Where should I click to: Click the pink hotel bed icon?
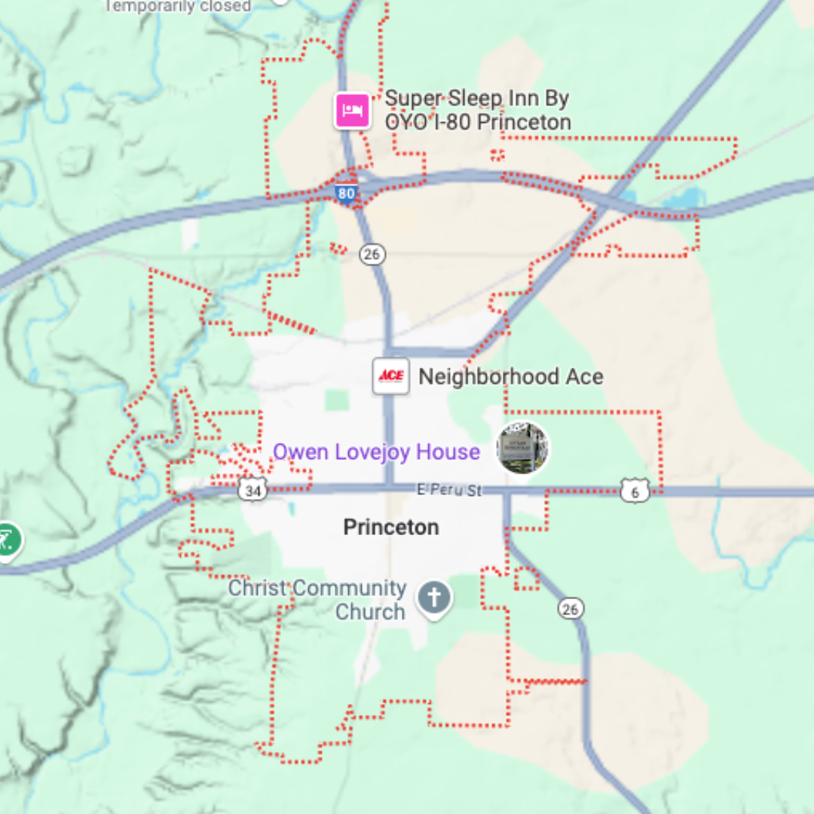pyautogui.click(x=352, y=111)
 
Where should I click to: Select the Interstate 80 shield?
pyautogui.click(x=346, y=194)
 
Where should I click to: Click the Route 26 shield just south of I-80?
pyautogui.click(x=371, y=254)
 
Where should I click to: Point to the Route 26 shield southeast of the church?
pyautogui.click(x=571, y=608)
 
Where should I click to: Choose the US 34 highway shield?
pyautogui.click(x=252, y=491)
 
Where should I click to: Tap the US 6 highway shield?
pyautogui.click(x=635, y=491)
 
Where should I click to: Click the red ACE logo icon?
pyautogui.click(x=391, y=376)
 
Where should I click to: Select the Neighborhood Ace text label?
pyautogui.click(x=510, y=376)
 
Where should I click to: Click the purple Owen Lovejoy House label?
pyautogui.click(x=376, y=451)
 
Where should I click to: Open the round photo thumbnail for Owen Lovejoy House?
pyautogui.click(x=522, y=448)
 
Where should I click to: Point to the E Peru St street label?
pyautogui.click(x=449, y=491)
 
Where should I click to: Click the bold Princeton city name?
pyautogui.click(x=390, y=527)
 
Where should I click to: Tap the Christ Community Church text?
pyautogui.click(x=317, y=599)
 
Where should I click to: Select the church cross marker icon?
pyautogui.click(x=435, y=598)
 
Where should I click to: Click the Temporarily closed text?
pyautogui.click(x=177, y=5)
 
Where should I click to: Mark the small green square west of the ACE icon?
pyautogui.click(x=336, y=399)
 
